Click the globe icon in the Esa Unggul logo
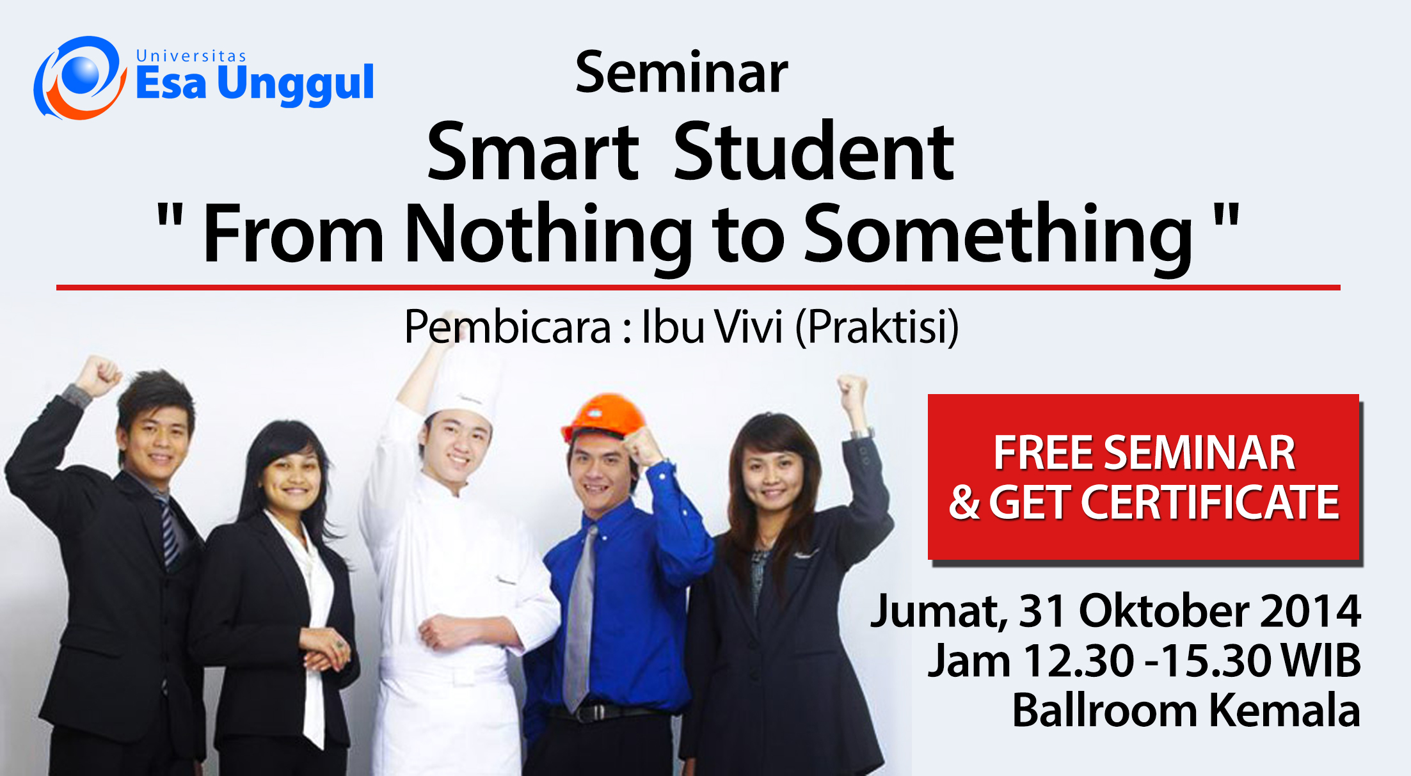pos(79,77)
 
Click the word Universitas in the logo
pos(191,56)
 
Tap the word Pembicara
pos(508,327)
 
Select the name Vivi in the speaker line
pos(749,327)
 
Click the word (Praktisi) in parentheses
pos(877,328)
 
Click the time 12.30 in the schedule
pos(1079,660)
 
